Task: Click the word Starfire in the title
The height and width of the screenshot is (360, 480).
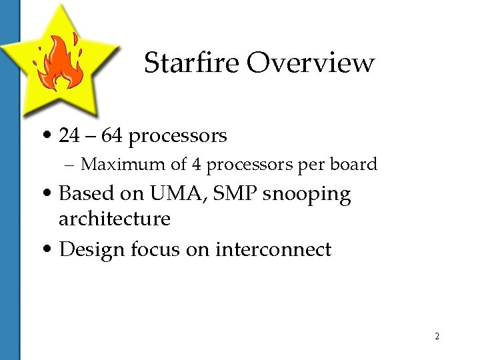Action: tap(191, 63)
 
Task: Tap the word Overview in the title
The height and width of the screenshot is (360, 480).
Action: tap(311, 63)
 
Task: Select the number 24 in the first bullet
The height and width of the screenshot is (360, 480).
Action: tap(69, 136)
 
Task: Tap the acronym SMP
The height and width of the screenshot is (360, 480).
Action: tap(232, 194)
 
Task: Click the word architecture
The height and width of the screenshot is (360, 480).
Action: tap(115, 219)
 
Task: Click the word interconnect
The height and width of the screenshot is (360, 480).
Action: tap(273, 250)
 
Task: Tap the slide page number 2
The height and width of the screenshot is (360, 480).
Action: tap(437, 336)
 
